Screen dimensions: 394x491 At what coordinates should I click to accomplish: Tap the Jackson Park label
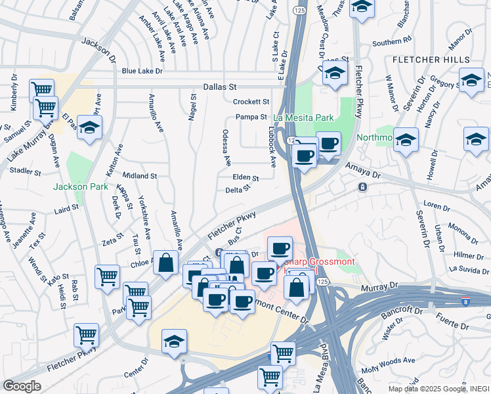click(x=81, y=187)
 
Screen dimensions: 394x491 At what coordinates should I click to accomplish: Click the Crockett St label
click(x=251, y=102)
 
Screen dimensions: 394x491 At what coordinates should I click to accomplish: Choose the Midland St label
click(x=139, y=176)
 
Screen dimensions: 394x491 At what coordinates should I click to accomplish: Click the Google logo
click(x=22, y=386)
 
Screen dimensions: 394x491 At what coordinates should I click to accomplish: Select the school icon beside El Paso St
click(x=89, y=127)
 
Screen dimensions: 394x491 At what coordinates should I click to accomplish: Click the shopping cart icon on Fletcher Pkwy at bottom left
click(x=87, y=335)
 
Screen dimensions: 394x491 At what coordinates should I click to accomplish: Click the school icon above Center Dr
click(x=175, y=342)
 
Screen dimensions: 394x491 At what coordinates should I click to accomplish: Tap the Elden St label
click(x=245, y=177)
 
